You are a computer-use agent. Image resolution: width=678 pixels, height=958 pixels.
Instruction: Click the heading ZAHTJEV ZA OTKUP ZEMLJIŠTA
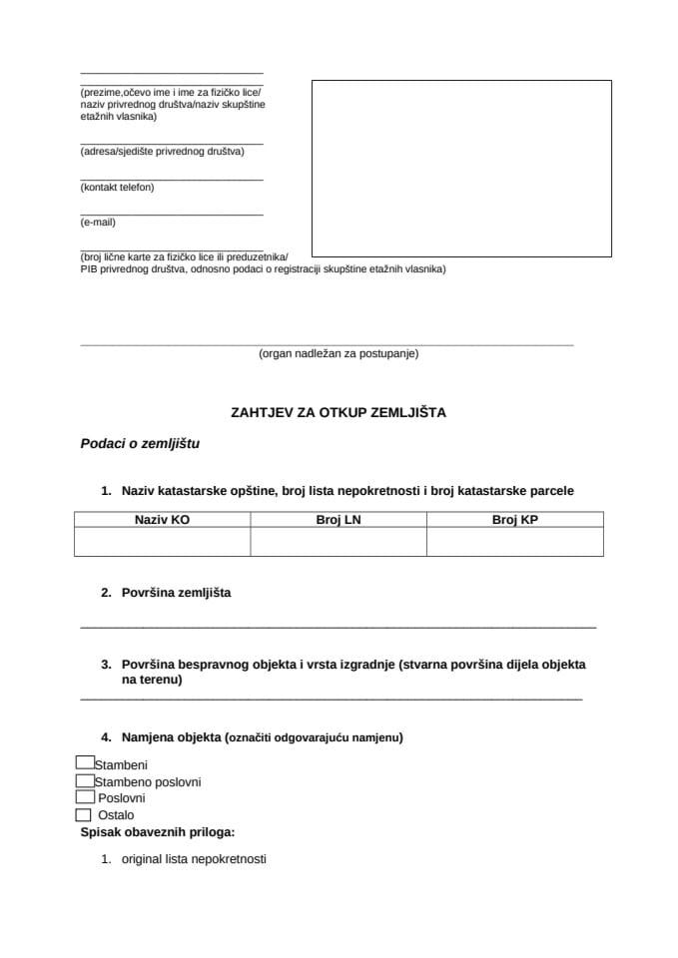pos(338,410)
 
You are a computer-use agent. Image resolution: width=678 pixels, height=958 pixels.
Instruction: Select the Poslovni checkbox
pos(85,797)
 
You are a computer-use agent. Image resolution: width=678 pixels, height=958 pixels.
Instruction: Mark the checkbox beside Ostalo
pos(83,814)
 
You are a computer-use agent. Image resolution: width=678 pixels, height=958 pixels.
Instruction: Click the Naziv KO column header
pos(162,519)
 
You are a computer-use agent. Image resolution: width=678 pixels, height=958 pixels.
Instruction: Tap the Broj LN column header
pos(338,519)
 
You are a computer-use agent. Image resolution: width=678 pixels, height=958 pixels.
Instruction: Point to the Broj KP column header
pos(514,519)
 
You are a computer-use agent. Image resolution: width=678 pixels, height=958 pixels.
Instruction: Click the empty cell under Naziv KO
pos(162,541)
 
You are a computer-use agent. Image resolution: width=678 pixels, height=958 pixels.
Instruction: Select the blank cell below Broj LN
pos(338,541)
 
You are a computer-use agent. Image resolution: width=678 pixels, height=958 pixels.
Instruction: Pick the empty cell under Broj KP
pos(514,541)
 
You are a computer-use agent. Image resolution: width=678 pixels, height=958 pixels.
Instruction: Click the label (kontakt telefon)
pos(117,187)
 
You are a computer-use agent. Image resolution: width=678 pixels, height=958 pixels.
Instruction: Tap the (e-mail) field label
pos(98,223)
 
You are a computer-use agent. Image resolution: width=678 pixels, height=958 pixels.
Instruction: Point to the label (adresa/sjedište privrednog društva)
pos(162,152)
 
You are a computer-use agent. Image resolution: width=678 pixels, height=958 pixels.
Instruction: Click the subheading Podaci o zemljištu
pos(140,444)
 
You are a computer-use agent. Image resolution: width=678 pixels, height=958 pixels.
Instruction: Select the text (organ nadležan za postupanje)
pos(338,353)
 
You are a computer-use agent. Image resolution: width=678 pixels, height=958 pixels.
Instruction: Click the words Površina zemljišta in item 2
pos(176,593)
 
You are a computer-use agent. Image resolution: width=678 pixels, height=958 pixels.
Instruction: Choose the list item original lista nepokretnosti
pos(194,858)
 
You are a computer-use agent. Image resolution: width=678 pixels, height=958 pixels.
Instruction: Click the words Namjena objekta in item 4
pos(171,737)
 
